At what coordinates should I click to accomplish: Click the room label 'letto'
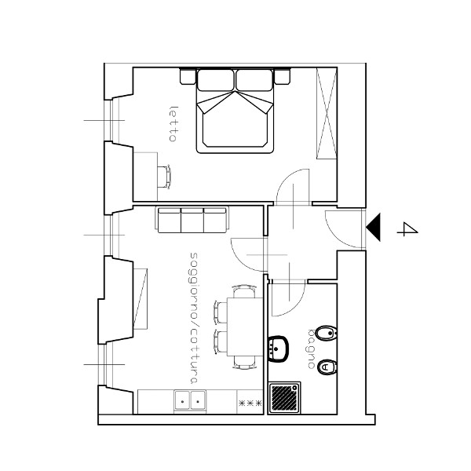173,124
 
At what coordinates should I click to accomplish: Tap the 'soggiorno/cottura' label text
194,318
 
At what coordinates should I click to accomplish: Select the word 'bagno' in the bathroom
312,349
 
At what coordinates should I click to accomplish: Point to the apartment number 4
407,229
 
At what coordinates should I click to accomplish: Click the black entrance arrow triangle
373,227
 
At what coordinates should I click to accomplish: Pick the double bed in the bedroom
235,111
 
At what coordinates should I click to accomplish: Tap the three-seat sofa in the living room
192,220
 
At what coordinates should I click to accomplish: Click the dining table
245,327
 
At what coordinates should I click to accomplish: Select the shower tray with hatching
284,398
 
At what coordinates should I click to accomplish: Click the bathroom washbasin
278,349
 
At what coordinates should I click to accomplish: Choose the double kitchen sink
190,400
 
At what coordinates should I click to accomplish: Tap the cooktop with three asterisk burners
250,402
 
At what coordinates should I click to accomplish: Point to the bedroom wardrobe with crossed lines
327,113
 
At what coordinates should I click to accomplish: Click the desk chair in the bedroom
165,177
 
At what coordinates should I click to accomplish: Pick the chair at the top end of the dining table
245,291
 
